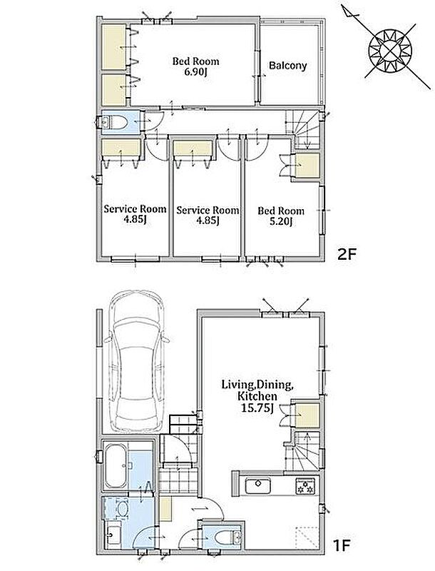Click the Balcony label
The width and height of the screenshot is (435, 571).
point(287,66)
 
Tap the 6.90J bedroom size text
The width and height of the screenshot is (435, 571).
point(195,71)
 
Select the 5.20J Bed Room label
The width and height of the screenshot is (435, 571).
point(281,216)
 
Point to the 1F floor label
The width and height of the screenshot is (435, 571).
point(341,545)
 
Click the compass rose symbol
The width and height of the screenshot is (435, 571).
point(390,50)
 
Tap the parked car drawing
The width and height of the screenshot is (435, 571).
point(136,362)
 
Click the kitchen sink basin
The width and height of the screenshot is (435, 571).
point(258,485)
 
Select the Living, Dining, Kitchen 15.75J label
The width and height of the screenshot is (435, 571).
point(257,396)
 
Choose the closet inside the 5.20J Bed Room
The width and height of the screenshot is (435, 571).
point(307,166)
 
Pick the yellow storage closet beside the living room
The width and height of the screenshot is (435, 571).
point(307,415)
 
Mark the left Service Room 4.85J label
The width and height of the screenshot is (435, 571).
point(135,214)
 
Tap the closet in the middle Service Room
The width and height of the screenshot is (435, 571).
point(193,149)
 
